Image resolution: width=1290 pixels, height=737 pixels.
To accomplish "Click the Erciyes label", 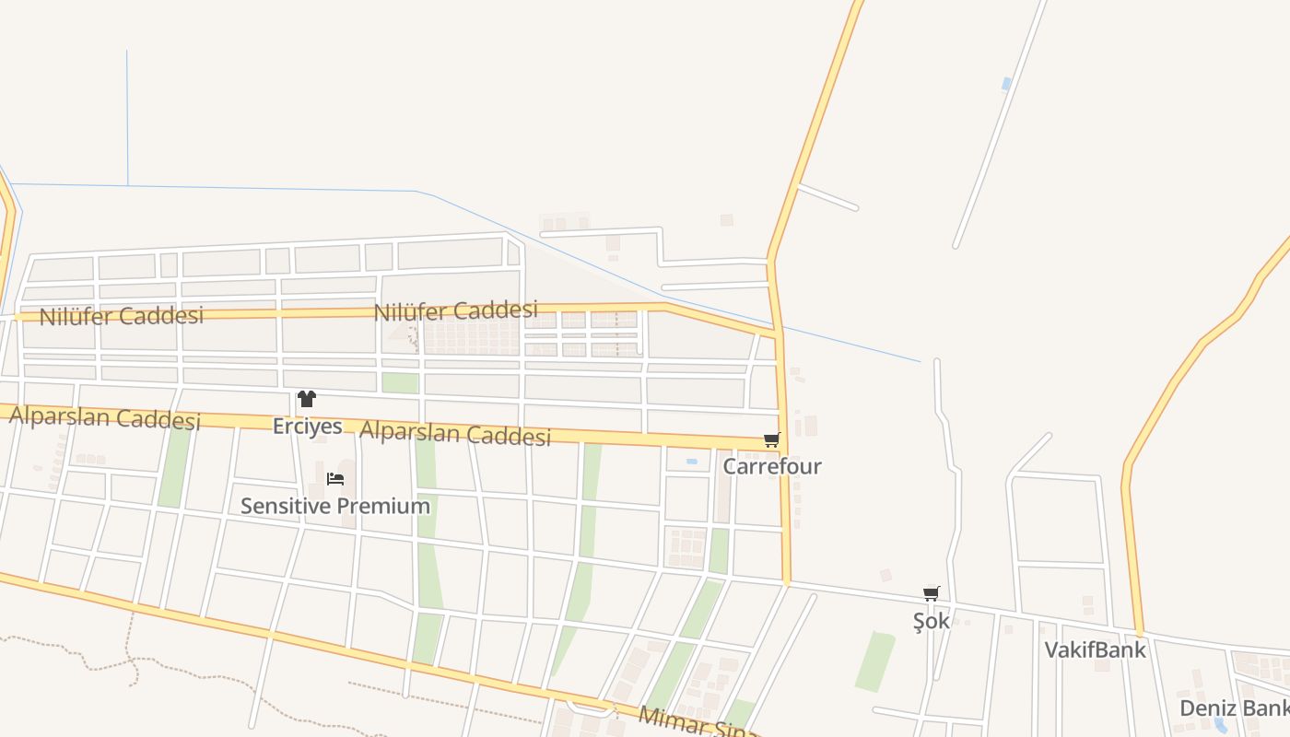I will (x=308, y=427).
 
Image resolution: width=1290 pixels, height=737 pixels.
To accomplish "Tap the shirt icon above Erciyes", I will (x=307, y=399).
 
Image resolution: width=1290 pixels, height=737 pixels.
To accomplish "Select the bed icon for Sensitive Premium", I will (x=335, y=478).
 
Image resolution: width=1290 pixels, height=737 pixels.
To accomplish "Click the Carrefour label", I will (x=771, y=466).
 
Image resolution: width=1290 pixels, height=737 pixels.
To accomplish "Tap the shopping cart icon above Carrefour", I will (x=771, y=440).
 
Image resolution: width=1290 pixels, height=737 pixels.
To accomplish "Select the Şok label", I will (x=931, y=621).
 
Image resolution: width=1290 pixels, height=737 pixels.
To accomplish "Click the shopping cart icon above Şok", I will (x=931, y=594).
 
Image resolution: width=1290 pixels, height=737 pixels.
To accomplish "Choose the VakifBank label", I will (x=1095, y=649).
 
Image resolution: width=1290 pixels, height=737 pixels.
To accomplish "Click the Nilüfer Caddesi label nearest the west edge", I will (x=121, y=316).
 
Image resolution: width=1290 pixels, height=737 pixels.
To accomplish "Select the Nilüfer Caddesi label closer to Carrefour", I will (x=455, y=310).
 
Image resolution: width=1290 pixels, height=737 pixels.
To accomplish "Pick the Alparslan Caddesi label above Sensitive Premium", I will (x=455, y=433).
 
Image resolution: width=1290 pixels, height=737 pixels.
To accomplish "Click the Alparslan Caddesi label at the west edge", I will (x=104, y=417).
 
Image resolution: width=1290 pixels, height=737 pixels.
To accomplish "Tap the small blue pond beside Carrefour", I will (x=691, y=461).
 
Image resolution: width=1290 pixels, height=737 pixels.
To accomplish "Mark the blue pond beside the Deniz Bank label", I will (x=1221, y=726).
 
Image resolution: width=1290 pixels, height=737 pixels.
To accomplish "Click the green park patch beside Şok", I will (x=875, y=661).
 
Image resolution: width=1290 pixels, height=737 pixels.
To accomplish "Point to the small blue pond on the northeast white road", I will (x=1006, y=84).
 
